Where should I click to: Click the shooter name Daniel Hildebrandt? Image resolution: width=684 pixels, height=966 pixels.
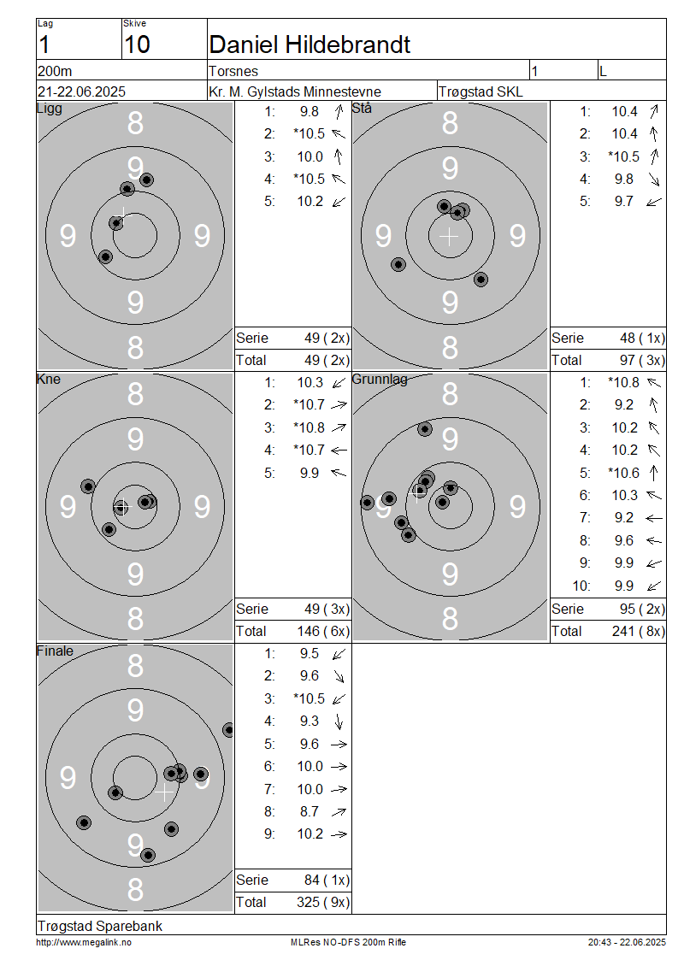(x=310, y=44)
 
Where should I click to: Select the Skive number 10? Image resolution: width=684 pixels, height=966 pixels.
(x=136, y=44)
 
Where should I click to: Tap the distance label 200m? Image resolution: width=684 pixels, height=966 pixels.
(x=55, y=72)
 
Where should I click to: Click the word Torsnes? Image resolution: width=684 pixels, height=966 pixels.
(x=233, y=72)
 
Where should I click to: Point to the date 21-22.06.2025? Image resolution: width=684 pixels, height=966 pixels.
(x=81, y=91)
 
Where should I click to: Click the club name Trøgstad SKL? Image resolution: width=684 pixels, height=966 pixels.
(x=481, y=91)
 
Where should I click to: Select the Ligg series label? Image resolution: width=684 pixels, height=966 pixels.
(x=50, y=109)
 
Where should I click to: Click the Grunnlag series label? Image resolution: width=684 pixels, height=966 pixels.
(x=380, y=380)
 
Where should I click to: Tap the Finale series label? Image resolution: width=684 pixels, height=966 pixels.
(x=55, y=651)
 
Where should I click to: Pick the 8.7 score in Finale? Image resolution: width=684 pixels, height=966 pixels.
(x=310, y=811)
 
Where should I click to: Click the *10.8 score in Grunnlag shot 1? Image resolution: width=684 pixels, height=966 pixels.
(x=623, y=383)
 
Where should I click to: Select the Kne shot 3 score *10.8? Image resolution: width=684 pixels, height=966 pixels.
(x=309, y=427)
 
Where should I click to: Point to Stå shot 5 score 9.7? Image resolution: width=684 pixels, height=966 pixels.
(x=623, y=202)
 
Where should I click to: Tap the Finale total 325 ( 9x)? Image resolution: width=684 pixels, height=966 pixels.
(x=323, y=903)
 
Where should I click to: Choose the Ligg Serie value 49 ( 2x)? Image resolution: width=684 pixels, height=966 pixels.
(x=327, y=339)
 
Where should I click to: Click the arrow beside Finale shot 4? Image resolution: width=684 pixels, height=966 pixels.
(x=339, y=722)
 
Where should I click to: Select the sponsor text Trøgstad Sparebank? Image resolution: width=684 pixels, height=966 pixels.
(x=100, y=926)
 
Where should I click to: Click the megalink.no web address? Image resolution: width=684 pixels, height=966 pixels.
(x=84, y=942)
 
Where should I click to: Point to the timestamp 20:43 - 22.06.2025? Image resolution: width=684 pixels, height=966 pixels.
(x=627, y=942)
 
